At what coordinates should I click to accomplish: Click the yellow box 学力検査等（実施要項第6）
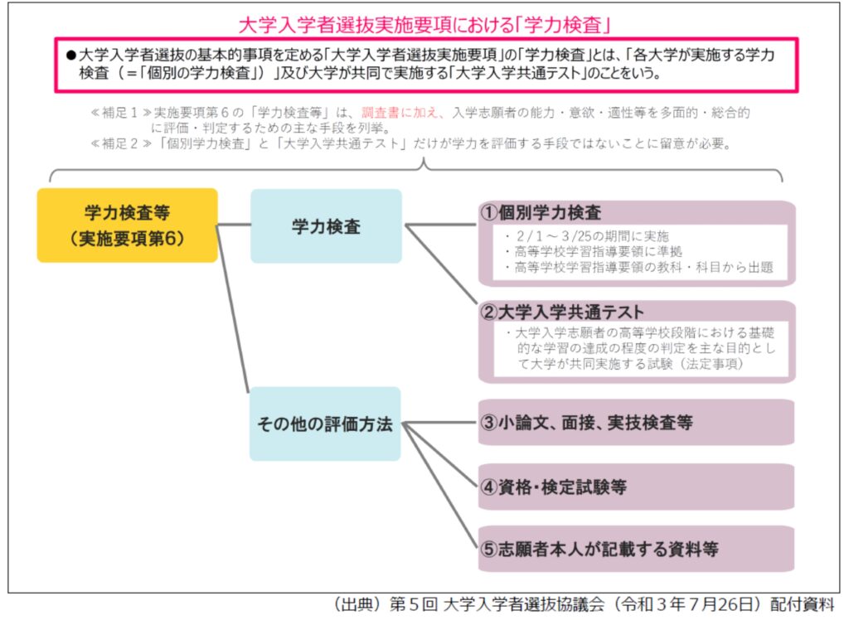(127, 225)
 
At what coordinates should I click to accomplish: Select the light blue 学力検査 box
(326, 225)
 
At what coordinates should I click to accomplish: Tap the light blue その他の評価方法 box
(325, 424)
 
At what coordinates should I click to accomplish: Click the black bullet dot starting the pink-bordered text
(70, 56)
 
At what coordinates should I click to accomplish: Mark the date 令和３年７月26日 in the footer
(689, 605)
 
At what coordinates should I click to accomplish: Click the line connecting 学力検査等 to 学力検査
(234, 224)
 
